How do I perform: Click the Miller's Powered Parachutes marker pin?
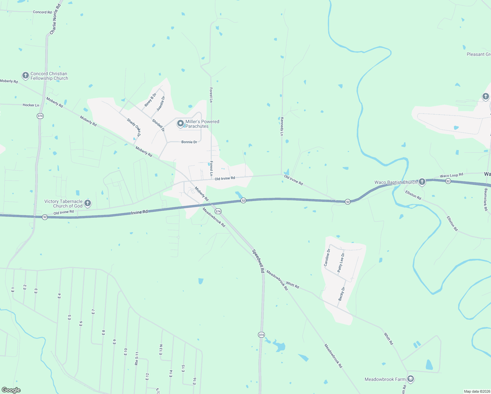[x=180, y=123]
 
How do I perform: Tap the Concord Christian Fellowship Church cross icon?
[x=26, y=76]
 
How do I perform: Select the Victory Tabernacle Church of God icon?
[x=88, y=203]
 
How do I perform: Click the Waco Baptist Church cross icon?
[x=422, y=182]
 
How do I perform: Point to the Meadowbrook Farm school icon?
[x=410, y=379]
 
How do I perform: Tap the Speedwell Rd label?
[x=258, y=261]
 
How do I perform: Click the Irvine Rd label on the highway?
[x=139, y=212]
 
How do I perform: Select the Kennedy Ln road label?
[x=282, y=126]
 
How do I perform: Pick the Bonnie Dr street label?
[x=189, y=142]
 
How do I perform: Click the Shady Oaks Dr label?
[x=134, y=127]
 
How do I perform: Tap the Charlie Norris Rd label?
[x=55, y=19]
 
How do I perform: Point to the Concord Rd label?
[x=42, y=12]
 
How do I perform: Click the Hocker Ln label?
[x=31, y=105]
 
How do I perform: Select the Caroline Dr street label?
[x=327, y=257]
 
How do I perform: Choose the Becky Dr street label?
[x=342, y=294]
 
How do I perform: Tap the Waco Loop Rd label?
[x=451, y=175]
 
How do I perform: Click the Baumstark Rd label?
[x=486, y=199]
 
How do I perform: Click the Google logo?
[x=11, y=390]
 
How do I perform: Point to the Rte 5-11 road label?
[x=137, y=359]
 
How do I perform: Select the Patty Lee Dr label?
[x=341, y=262]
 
